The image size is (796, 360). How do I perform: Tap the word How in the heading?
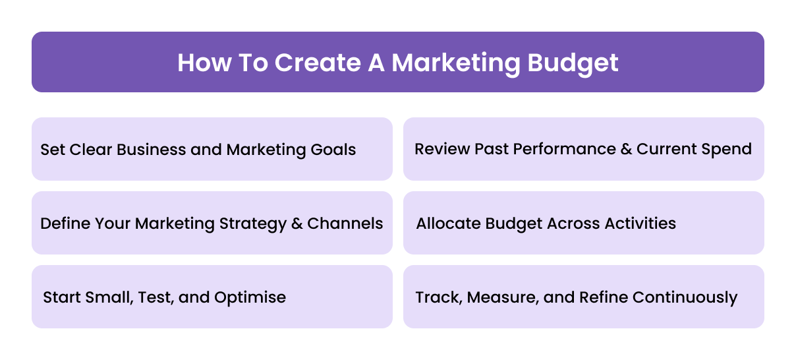202,63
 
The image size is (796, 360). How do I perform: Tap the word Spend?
728,148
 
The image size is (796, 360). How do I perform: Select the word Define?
65,224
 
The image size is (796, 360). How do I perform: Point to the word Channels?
345,224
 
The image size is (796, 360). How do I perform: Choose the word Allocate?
448,224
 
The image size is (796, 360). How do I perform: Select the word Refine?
604,297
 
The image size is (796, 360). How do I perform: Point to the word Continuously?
685,297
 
